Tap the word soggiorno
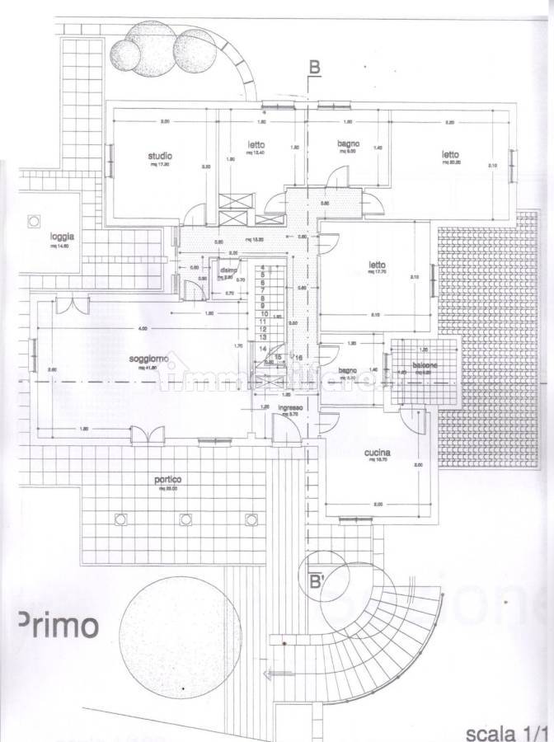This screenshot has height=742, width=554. tap(149, 359)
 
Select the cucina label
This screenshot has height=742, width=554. tap(376, 453)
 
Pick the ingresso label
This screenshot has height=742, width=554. tap(291, 407)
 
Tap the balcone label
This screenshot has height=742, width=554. tap(425, 365)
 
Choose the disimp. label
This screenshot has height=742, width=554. tap(228, 270)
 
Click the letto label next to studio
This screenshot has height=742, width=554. tap(255, 144)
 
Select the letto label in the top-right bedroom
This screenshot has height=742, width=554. tap(449, 154)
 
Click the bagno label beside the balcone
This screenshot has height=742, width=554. tap(347, 371)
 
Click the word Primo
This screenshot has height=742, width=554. tap(58, 624)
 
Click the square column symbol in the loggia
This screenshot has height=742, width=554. tap(34, 220)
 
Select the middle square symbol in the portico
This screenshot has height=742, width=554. tap(185, 519)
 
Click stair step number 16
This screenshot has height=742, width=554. tap(298, 357)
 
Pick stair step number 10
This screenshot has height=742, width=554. tap(263, 314)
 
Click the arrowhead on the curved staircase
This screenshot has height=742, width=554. tap(263, 675)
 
